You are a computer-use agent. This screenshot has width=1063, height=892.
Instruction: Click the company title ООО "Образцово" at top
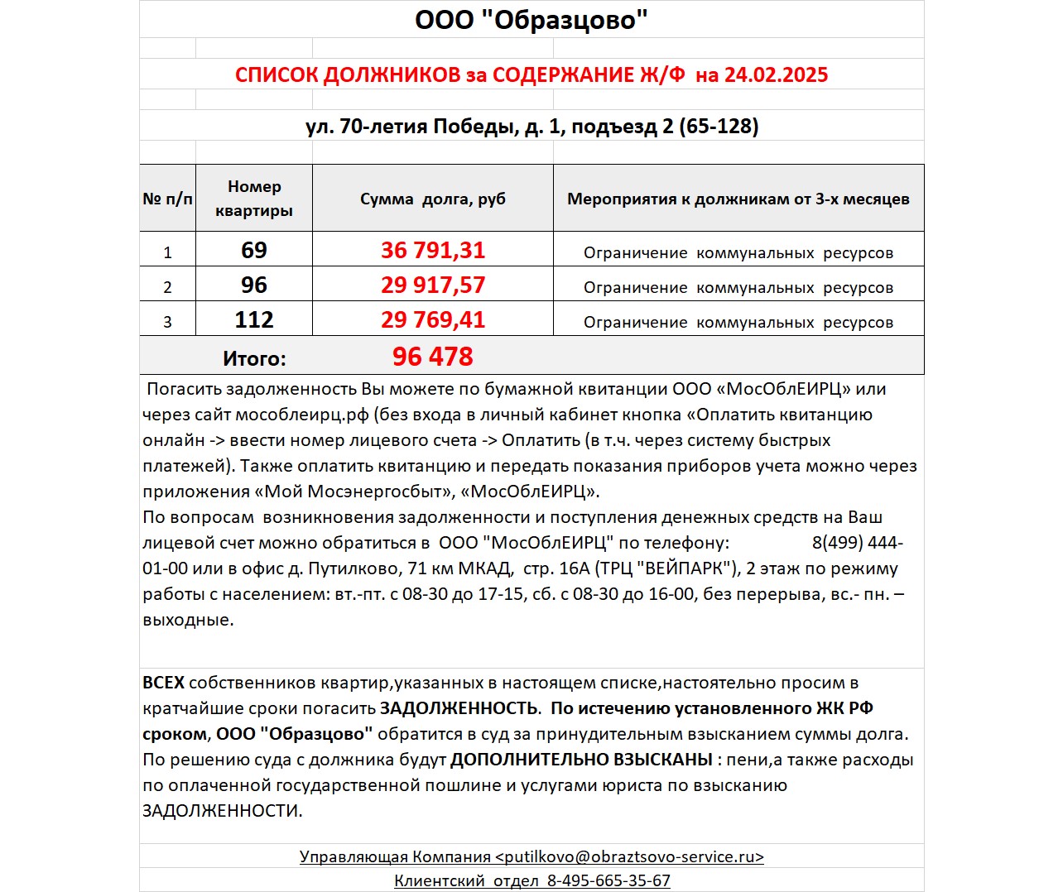pyautogui.click(x=531, y=19)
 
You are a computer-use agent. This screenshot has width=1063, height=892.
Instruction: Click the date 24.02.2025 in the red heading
pyautogui.click(x=776, y=75)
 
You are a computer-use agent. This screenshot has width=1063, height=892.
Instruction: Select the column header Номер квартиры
pyautogui.click(x=254, y=199)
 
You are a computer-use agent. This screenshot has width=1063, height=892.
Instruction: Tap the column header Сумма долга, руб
pyautogui.click(x=432, y=199)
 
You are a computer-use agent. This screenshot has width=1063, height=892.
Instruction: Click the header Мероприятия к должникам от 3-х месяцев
pyautogui.click(x=738, y=199)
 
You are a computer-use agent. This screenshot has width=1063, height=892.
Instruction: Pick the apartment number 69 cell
pyautogui.click(x=254, y=250)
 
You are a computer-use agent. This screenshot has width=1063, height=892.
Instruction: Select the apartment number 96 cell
pyautogui.click(x=254, y=285)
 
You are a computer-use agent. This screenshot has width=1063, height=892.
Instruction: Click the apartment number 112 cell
pyautogui.click(x=254, y=319)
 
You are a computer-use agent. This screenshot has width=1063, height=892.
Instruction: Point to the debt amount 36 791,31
pyautogui.click(x=433, y=250)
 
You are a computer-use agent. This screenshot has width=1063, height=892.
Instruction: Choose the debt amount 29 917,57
pyautogui.click(x=433, y=285)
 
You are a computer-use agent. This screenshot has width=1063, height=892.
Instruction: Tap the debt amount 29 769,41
pyautogui.click(x=433, y=319)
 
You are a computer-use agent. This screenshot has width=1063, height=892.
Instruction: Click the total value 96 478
pyautogui.click(x=432, y=357)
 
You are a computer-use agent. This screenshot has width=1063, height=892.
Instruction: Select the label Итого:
pyautogui.click(x=254, y=359)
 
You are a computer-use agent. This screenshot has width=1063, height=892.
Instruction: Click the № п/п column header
pyautogui.click(x=167, y=199)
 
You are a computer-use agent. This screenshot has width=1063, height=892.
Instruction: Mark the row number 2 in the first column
pyautogui.click(x=167, y=287)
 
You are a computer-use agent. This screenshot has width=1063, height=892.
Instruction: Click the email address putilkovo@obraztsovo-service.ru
pyautogui.click(x=629, y=857)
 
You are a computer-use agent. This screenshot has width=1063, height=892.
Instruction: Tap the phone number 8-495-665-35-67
pyautogui.click(x=608, y=881)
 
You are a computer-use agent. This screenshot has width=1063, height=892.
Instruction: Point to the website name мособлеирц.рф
pyautogui.click(x=302, y=415)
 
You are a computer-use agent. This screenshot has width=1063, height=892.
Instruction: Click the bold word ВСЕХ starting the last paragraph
pyautogui.click(x=163, y=683)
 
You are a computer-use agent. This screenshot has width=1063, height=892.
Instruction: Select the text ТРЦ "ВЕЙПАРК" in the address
pyautogui.click(x=668, y=568)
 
